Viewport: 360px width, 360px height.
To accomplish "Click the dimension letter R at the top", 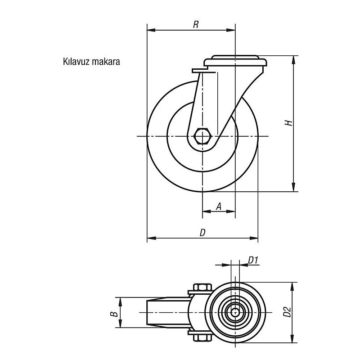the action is pyautogui.click(x=196, y=24).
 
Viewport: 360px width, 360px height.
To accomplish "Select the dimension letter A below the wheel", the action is pyautogui.click(x=219, y=207).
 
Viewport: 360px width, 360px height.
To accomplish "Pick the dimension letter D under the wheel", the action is pyautogui.click(x=202, y=233).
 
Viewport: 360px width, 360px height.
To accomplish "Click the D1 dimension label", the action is pyautogui.click(x=253, y=261).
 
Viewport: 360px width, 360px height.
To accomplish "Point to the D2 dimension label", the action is pyautogui.click(x=287, y=312).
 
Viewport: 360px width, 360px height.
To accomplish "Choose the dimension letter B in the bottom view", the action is pyautogui.click(x=114, y=314).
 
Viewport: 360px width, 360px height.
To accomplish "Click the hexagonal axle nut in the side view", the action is pyautogui.click(x=202, y=136).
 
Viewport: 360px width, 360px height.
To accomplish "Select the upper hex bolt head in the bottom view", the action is pyautogui.click(x=202, y=287).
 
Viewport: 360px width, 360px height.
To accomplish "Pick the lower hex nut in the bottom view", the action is pyautogui.click(x=202, y=338).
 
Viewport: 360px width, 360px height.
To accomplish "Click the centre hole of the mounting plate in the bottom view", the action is pyautogui.click(x=235, y=312).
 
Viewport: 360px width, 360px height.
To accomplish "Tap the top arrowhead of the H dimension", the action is pyautogui.click(x=293, y=60).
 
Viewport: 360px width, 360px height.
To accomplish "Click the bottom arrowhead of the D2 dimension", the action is pyautogui.click(x=292, y=338).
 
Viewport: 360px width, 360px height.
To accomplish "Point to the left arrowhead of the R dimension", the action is pyautogui.click(x=151, y=30).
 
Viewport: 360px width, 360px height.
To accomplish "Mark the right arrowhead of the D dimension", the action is pyautogui.click(x=254, y=238).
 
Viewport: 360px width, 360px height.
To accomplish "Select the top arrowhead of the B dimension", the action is pyautogui.click(x=120, y=301).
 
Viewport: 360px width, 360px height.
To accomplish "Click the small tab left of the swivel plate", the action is pyautogui.click(x=200, y=70).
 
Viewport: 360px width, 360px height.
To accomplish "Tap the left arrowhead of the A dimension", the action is pyautogui.click(x=207, y=211).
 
